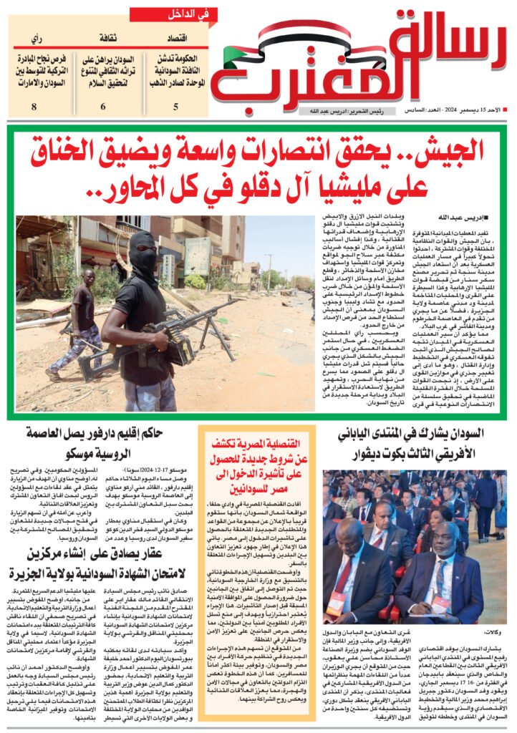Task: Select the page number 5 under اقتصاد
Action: pyautogui.click(x=175, y=107)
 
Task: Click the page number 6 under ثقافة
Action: pyautogui.click(x=102, y=107)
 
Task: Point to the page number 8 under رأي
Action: pyautogui.click(x=34, y=107)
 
